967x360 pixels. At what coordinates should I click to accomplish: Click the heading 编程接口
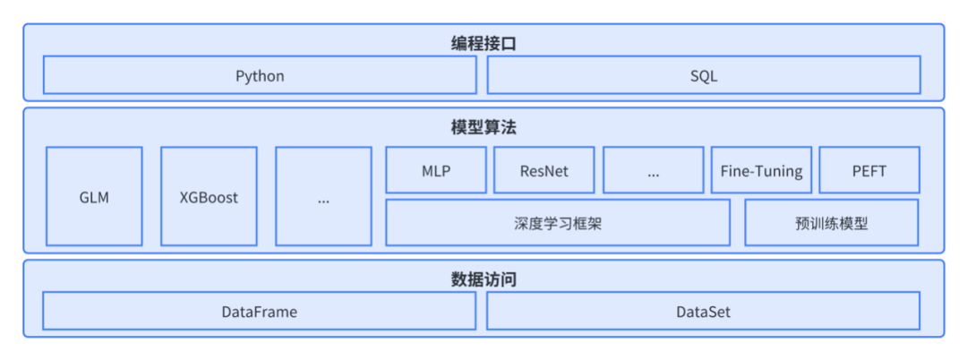click(483, 42)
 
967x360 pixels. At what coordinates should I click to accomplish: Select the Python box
click(260, 75)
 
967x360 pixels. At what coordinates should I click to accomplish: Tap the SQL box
click(704, 75)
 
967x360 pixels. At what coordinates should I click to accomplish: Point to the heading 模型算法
click(483, 127)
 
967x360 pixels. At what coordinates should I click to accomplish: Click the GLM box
click(94, 197)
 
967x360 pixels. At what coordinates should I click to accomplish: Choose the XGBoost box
click(209, 197)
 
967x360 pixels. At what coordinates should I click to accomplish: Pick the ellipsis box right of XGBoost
click(323, 197)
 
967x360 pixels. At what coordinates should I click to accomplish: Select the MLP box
click(436, 170)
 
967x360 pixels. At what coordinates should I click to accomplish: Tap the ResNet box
click(543, 170)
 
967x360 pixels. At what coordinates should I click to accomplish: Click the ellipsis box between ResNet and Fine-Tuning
click(653, 170)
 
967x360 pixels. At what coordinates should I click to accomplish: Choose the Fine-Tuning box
click(761, 170)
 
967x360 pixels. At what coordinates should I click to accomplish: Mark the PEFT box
click(869, 170)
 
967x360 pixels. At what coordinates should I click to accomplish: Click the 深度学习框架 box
click(558, 223)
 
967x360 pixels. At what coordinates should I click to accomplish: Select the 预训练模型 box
click(831, 223)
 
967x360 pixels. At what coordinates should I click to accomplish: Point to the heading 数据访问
click(483, 279)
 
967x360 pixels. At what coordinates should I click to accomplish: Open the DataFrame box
click(260, 312)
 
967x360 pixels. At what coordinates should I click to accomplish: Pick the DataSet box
click(704, 312)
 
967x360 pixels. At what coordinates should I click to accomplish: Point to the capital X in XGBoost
click(184, 197)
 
